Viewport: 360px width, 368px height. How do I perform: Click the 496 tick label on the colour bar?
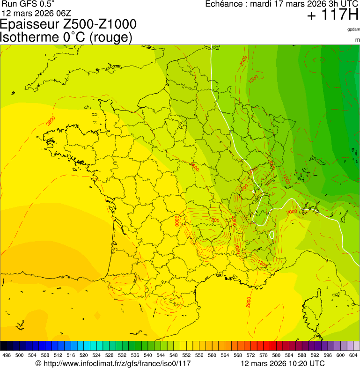7,355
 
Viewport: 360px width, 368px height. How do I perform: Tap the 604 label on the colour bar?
353,355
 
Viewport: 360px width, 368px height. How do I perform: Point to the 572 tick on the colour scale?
250,355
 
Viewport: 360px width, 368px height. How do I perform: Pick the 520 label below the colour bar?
83,355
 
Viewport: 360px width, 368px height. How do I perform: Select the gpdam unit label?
353,29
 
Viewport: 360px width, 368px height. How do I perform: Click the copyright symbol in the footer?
38,363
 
